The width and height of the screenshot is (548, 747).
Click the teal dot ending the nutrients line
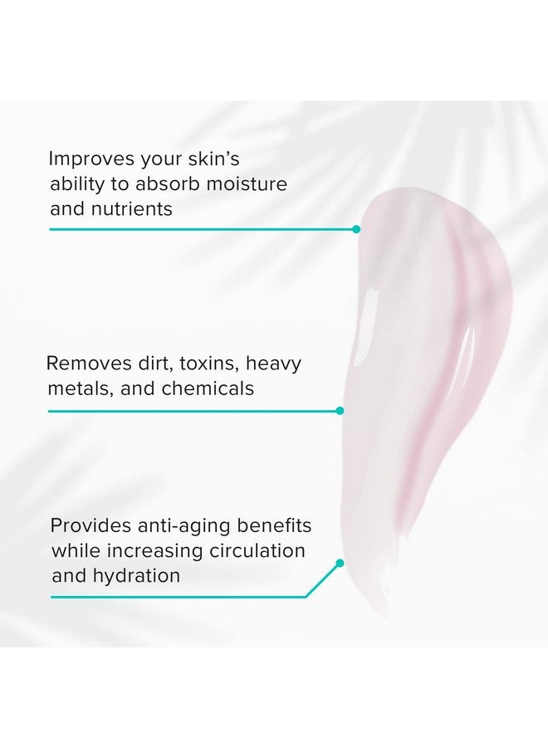click(x=356, y=229)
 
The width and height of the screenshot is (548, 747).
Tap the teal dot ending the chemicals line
click(x=340, y=410)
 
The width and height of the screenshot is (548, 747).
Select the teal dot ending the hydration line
click(x=340, y=563)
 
